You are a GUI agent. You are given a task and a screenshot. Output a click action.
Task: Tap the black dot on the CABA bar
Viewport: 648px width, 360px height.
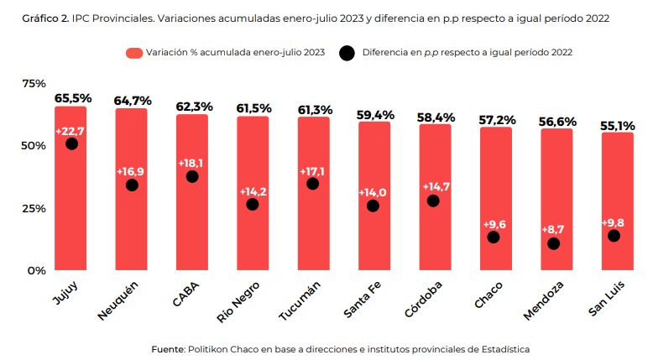pyautogui.click(x=192, y=176)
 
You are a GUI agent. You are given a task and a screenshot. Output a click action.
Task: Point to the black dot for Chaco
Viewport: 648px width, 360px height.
pyautogui.click(x=494, y=237)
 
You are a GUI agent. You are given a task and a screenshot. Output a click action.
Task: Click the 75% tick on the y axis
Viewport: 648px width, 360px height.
pyautogui.click(x=34, y=83)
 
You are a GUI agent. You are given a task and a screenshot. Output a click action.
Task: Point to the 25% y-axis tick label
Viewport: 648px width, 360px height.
pyautogui.click(x=34, y=208)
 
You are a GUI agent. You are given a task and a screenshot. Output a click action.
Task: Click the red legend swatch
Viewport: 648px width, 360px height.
pyautogui.click(x=133, y=53)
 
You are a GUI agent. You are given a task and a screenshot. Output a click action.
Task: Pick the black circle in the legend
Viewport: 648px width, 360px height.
pyautogui.click(x=346, y=53)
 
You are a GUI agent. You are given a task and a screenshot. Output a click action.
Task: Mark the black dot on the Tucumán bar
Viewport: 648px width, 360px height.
pyautogui.click(x=312, y=184)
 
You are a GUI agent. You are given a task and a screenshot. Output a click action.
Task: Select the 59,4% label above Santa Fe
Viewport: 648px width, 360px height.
pyautogui.click(x=374, y=113)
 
